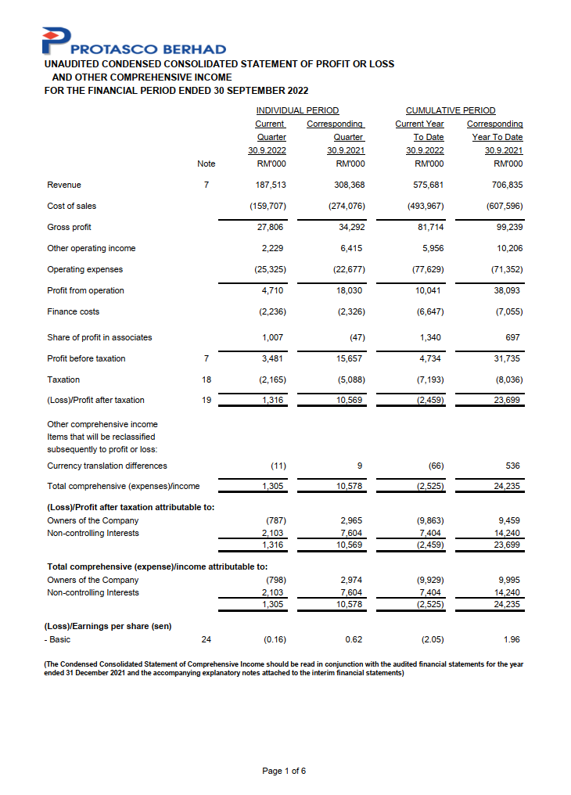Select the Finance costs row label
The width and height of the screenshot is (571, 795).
tap(74, 311)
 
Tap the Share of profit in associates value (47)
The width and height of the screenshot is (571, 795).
tap(354, 337)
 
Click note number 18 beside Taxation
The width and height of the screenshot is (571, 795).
tap(206, 380)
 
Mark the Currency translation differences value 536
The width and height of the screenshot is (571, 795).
tap(512, 466)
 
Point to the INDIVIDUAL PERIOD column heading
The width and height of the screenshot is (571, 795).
tap(297, 111)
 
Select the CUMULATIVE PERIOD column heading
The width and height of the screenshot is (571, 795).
tap(450, 111)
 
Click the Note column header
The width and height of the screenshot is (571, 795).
tap(206, 164)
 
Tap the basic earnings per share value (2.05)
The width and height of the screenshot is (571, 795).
tap(432, 640)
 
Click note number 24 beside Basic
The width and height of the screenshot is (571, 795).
tap(206, 640)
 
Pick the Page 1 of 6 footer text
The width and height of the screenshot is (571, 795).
tap(284, 771)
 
